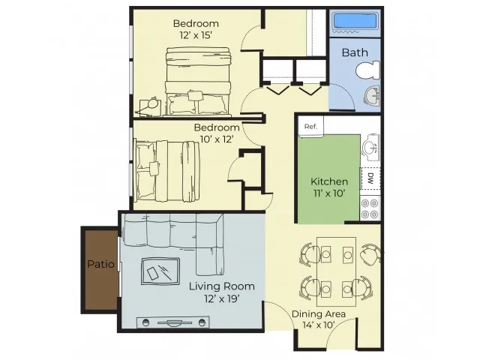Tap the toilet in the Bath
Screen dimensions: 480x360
pos(367,70)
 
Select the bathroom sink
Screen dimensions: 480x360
pos(372,96)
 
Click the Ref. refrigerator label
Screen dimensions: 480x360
pos(310,127)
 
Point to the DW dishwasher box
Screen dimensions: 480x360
pos(370,178)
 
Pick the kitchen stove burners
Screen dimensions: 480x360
pos(370,208)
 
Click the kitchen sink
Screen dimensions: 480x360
pos(371,147)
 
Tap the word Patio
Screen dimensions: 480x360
pos(100,264)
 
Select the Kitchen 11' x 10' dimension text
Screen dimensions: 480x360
pos(329,193)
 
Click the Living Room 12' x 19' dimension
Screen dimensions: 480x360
pos(222,298)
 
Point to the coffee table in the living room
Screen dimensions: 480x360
pos(160,271)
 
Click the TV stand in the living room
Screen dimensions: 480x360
pos(173,322)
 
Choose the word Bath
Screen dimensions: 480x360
pos(355,52)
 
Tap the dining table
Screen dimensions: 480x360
pos(337,271)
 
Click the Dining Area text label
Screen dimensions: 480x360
pos(319,314)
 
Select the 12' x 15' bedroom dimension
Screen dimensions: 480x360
pos(196,35)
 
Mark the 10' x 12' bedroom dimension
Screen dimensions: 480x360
pos(217,139)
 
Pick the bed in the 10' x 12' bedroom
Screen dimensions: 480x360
pos(167,172)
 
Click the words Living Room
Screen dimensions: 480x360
pos(222,286)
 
